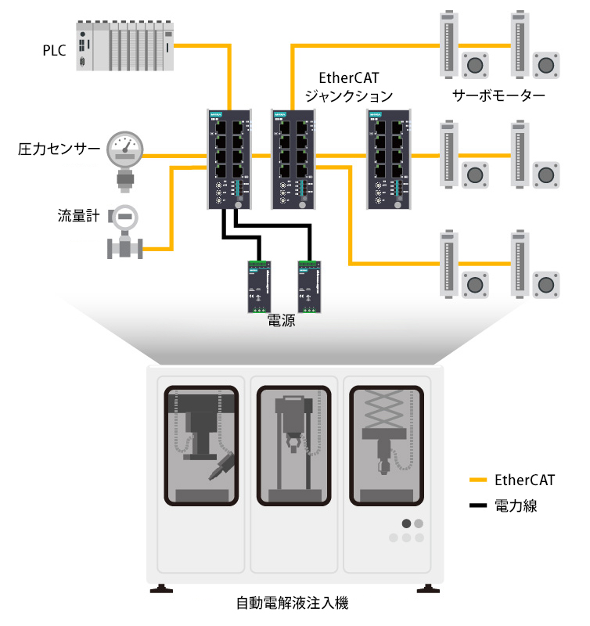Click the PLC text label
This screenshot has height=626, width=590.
pyautogui.click(x=55, y=51)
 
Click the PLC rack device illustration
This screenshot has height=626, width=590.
pyautogui.click(x=125, y=46)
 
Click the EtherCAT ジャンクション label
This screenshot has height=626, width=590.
pyautogui.click(x=347, y=88)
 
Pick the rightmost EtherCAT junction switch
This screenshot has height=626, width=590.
pyautogui.click(x=387, y=159)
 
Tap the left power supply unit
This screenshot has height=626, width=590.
pyautogui.click(x=257, y=286)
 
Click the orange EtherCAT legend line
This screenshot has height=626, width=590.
pyautogui.click(x=478, y=480)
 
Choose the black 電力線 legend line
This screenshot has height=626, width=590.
pyautogui.click(x=478, y=505)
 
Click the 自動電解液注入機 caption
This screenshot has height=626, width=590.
pyautogui.click(x=292, y=603)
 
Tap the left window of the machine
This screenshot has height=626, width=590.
pyautogui.click(x=201, y=446)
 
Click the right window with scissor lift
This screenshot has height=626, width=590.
pyautogui.click(x=384, y=446)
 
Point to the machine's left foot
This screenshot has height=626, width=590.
pyautogui.click(x=162, y=588)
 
